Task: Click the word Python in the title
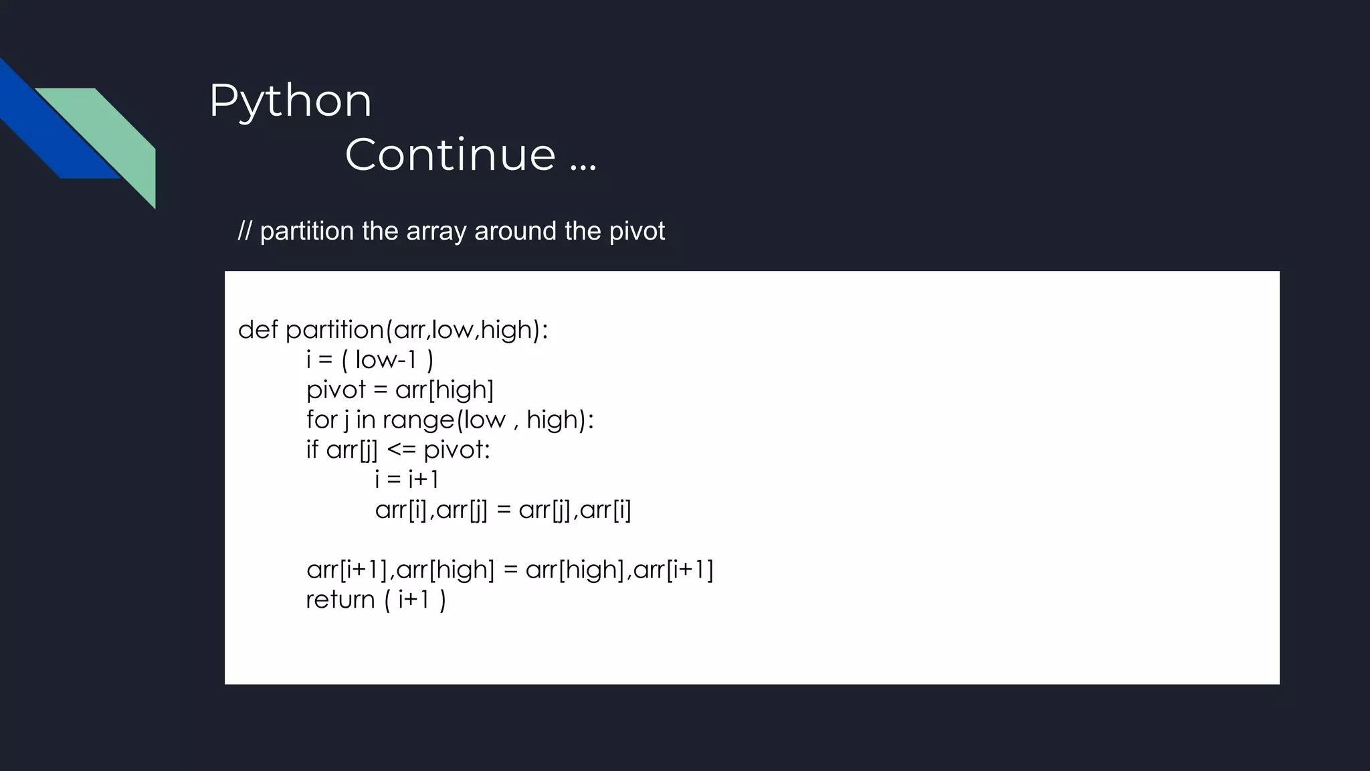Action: [290, 101]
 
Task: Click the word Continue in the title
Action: [450, 155]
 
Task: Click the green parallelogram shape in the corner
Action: [114, 134]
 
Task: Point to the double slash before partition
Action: [245, 231]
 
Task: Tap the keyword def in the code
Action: [258, 329]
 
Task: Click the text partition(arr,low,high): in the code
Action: [417, 329]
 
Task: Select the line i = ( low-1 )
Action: [370, 359]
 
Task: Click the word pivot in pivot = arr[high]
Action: [336, 390]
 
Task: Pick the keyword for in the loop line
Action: [322, 420]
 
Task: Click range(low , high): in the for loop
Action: [488, 420]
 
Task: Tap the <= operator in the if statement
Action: [401, 450]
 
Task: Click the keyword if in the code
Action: [312, 450]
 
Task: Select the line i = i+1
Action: [407, 479]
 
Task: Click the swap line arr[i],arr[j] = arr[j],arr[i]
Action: [503, 510]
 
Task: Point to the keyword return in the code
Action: [340, 600]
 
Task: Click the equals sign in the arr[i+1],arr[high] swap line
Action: [510, 570]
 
